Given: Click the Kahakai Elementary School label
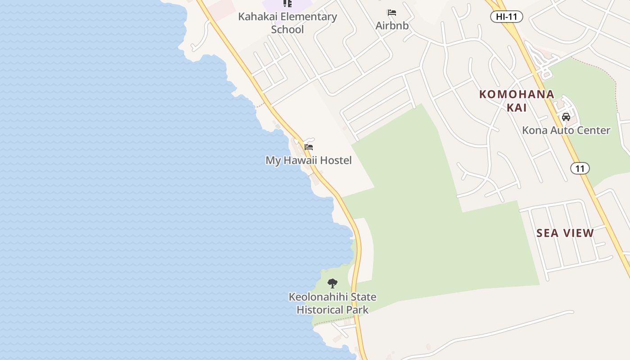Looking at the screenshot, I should [288, 23].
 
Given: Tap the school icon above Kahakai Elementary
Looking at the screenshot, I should [288, 4].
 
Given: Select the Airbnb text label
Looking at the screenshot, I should [392, 26].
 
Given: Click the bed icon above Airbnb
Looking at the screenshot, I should [392, 13].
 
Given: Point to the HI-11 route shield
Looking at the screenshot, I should [506, 17].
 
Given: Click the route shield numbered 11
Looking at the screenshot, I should [580, 168].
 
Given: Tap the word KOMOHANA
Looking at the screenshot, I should [517, 94].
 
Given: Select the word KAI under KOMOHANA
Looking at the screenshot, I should [517, 108].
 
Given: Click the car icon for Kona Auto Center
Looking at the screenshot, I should [566, 117].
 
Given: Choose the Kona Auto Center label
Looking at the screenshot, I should [566, 130].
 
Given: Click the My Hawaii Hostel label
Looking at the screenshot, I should [309, 160].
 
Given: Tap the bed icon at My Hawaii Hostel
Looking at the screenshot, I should [309, 147].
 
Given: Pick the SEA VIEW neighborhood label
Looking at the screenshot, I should [565, 233].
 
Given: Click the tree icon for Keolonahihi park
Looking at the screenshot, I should [333, 283].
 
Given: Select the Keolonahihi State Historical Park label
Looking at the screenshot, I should [333, 303].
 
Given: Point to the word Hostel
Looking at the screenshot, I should [334, 160].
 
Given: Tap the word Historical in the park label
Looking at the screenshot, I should [320, 310].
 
